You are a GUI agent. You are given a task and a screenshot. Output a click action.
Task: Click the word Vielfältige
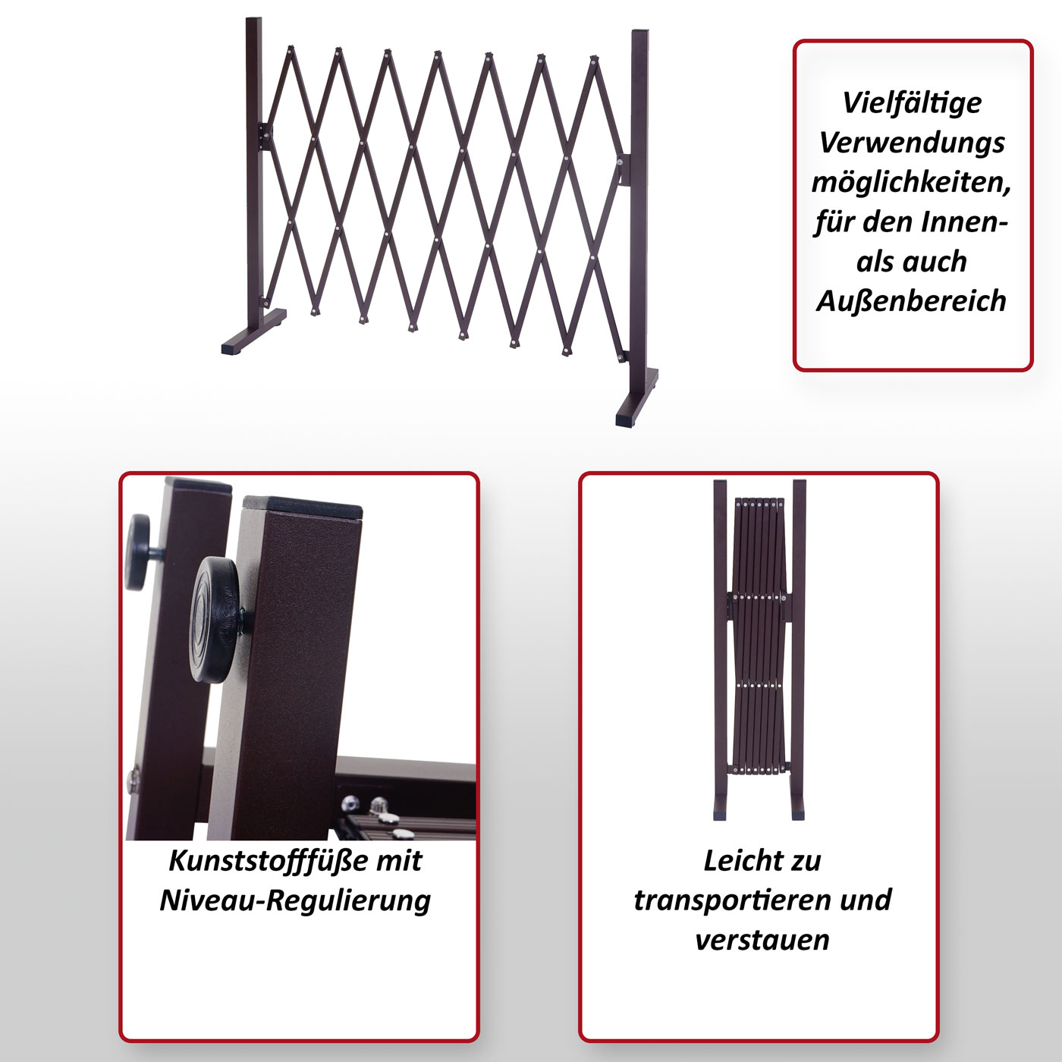tap(912, 103)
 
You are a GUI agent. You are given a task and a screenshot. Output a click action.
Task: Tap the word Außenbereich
tap(911, 301)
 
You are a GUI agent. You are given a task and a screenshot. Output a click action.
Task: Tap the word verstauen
tap(762, 941)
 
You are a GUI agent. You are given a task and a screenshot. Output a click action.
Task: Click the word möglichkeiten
tap(912, 183)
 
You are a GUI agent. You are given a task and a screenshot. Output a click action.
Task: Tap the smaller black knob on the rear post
tap(138, 551)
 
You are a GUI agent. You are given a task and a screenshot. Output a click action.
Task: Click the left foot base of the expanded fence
tap(254, 331)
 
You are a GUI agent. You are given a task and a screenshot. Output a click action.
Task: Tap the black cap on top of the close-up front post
tap(303, 505)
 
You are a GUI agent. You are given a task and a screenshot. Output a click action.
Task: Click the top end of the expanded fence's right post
tap(640, 31)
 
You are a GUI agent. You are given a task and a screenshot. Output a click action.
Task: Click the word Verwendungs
tap(912, 143)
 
